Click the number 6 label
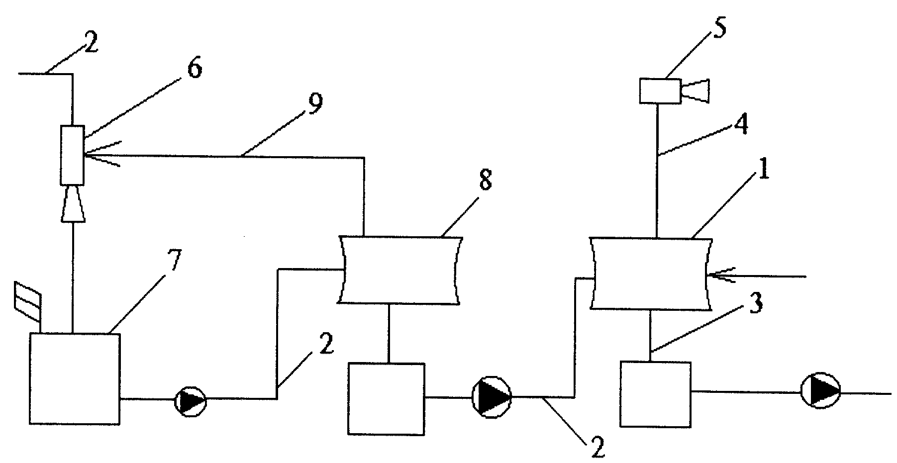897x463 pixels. pyautogui.click(x=194, y=69)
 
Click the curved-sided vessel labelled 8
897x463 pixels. pyautogui.click(x=400, y=270)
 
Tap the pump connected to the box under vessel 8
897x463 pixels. pyautogui.click(x=492, y=397)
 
